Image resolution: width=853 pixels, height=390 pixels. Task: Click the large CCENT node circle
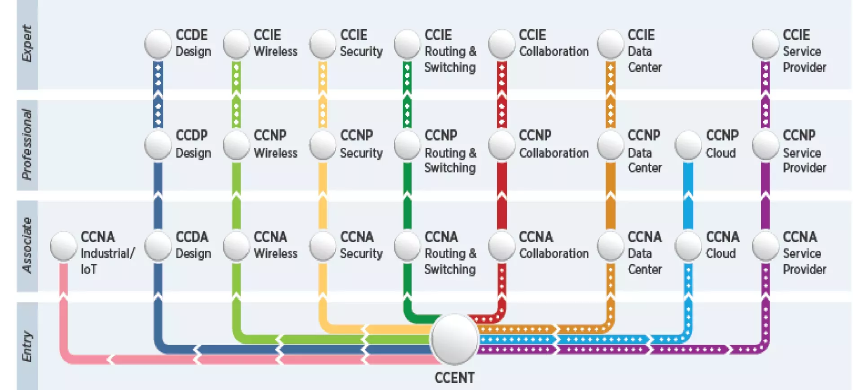(x=454, y=339)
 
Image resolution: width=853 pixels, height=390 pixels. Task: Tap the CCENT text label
(x=454, y=378)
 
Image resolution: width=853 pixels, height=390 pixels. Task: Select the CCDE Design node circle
(x=158, y=44)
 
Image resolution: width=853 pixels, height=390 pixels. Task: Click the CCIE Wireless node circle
(x=236, y=44)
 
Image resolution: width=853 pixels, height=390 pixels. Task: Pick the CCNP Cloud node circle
(x=688, y=145)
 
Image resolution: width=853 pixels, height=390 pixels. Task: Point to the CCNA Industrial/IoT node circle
(x=63, y=246)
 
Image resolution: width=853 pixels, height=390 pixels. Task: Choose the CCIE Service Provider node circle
(x=765, y=44)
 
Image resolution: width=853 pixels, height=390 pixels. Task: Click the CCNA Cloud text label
(x=722, y=245)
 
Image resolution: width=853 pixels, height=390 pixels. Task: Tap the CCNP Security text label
(x=361, y=144)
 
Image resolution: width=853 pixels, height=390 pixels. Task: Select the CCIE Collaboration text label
(x=554, y=43)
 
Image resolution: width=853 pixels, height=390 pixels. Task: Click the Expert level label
(x=27, y=44)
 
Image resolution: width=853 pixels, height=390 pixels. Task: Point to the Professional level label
(x=27, y=144)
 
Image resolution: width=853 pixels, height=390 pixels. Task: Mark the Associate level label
(x=27, y=245)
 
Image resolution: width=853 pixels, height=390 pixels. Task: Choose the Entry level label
(x=27, y=346)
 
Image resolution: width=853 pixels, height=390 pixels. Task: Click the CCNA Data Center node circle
(x=611, y=246)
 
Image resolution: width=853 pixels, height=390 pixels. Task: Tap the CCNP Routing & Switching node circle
(x=407, y=145)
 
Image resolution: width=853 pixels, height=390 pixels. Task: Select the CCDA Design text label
(x=193, y=245)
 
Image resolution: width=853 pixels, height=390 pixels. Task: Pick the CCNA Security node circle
(x=323, y=246)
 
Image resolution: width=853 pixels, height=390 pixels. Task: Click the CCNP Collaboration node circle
(x=501, y=145)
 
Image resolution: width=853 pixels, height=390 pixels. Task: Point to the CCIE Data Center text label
(x=644, y=51)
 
